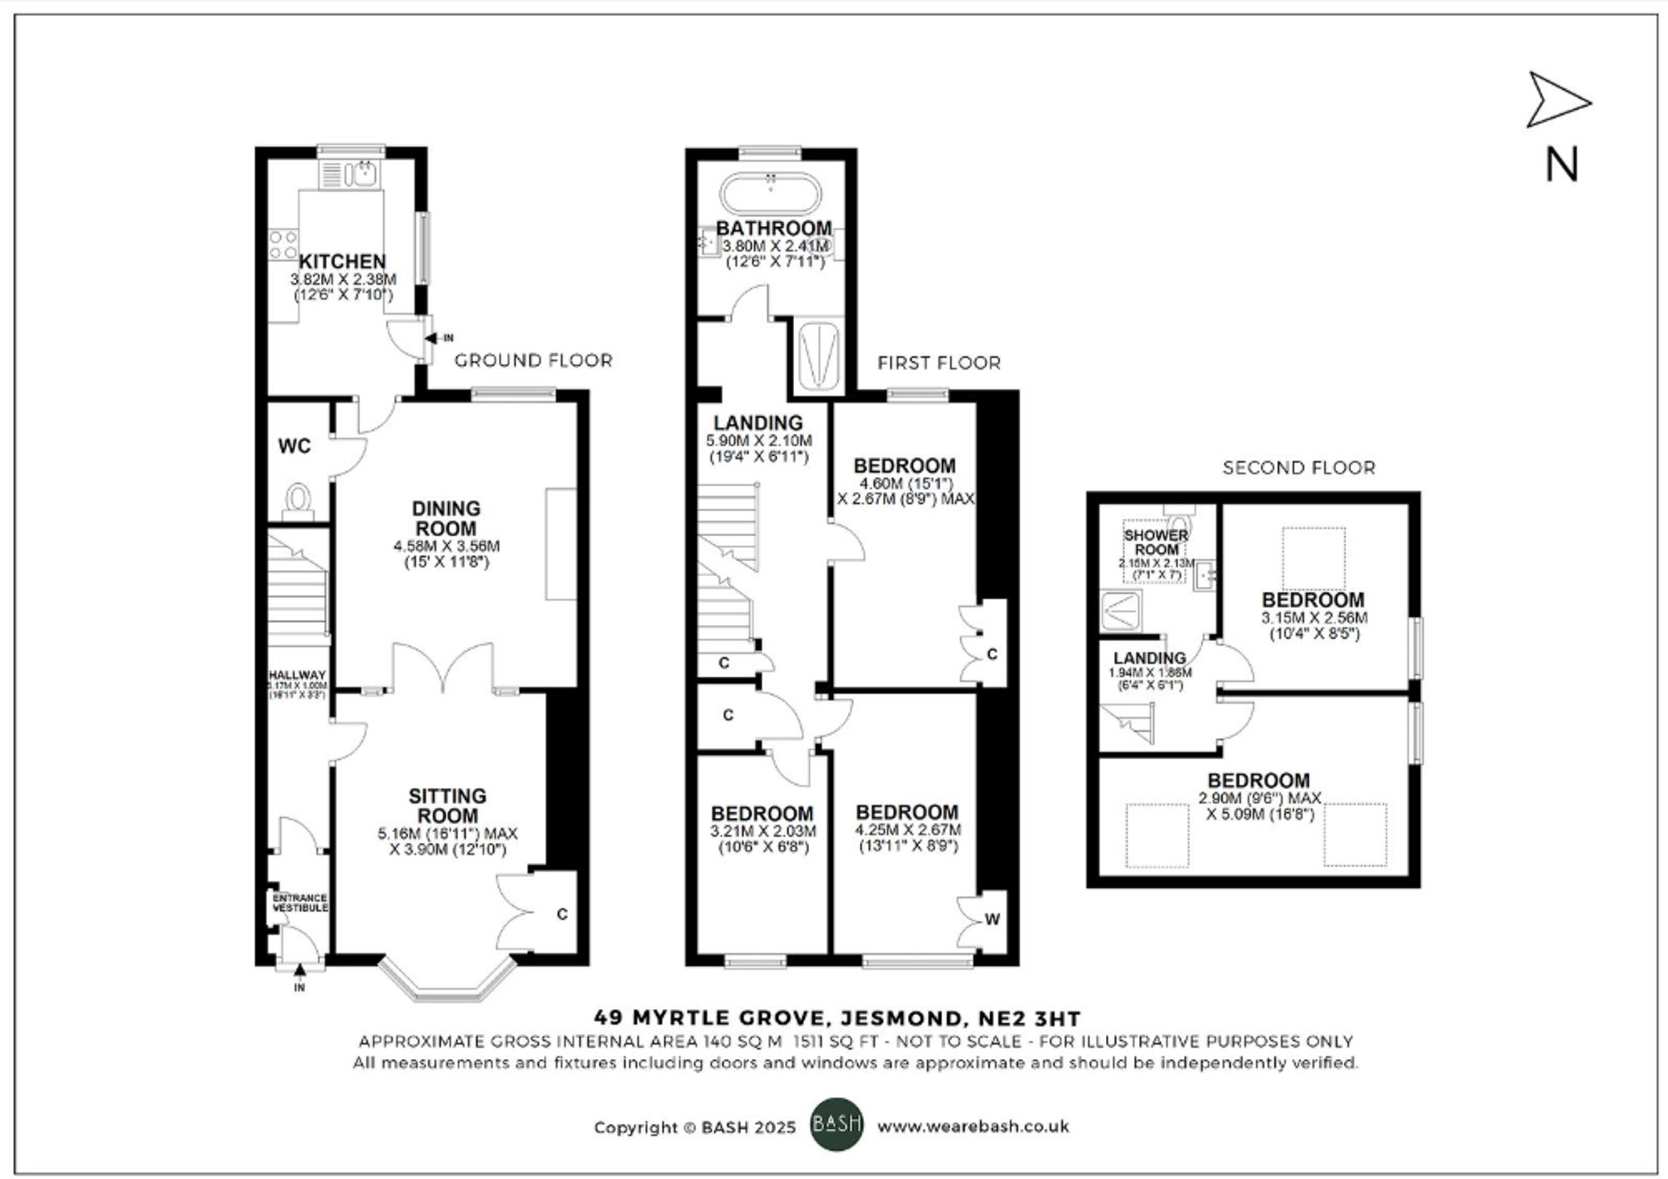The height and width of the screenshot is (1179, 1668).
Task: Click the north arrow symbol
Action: [1557, 101]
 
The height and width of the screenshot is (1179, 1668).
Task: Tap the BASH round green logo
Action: [837, 1125]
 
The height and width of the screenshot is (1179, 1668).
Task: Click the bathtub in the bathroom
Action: [771, 193]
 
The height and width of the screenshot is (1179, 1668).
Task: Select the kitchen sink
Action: [364, 174]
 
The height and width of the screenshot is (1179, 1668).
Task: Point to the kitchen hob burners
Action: [283, 244]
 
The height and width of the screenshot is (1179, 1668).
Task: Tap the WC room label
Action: [294, 446]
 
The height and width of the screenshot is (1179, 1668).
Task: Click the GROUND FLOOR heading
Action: [533, 360]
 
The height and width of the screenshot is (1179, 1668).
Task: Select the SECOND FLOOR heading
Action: [1299, 468]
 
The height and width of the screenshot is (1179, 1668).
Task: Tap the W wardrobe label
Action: [992, 920]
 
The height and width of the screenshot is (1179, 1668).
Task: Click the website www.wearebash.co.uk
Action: [972, 1126]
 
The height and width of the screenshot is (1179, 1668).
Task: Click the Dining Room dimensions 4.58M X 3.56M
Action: [446, 546]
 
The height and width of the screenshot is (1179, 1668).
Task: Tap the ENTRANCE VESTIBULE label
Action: [300, 902]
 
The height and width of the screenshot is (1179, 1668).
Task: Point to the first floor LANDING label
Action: [758, 423]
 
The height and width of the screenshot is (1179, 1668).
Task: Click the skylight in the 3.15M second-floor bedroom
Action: [1313, 558]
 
